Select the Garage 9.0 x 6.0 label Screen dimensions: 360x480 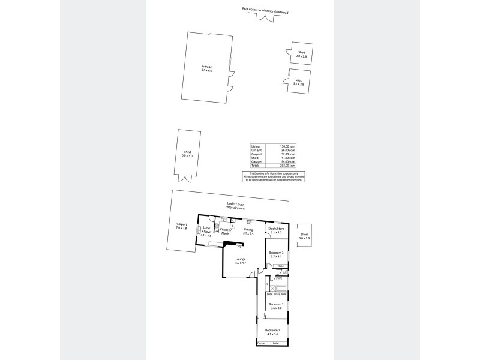207,68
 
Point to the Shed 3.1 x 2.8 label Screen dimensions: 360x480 299,82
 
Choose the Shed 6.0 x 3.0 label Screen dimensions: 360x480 187,154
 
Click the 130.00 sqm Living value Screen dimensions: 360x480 289,146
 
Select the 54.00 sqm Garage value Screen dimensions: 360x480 289,161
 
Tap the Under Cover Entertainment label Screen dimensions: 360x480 231,205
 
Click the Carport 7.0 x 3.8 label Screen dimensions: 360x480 181,227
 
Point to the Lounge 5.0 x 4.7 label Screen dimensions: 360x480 241,260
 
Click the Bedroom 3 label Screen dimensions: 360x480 277,254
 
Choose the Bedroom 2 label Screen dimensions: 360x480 276,306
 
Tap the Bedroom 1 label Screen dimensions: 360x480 272,332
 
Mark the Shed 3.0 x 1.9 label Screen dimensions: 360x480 304,236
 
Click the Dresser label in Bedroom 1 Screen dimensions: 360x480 262,343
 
